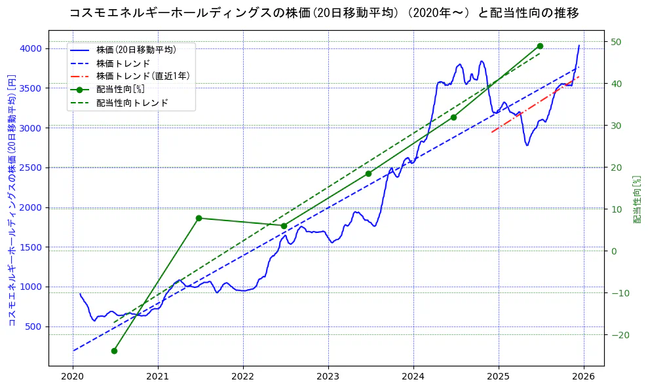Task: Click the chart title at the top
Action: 324,13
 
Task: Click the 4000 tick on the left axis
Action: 31,48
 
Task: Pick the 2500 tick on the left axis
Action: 31,168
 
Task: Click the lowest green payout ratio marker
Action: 114,351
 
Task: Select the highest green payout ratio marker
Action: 540,46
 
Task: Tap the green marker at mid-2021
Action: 199,218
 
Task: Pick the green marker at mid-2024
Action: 453,117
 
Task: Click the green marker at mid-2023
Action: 368,173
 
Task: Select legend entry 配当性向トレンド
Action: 132,103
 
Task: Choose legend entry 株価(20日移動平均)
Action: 136,49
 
